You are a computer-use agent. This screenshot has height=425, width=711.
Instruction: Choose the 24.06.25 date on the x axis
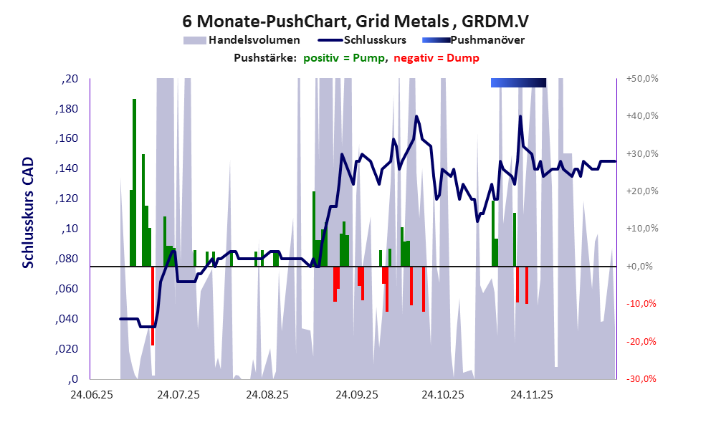[90, 394]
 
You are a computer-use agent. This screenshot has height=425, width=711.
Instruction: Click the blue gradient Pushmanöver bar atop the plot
[518, 83]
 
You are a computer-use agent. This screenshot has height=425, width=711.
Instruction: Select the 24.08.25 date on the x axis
[267, 394]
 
